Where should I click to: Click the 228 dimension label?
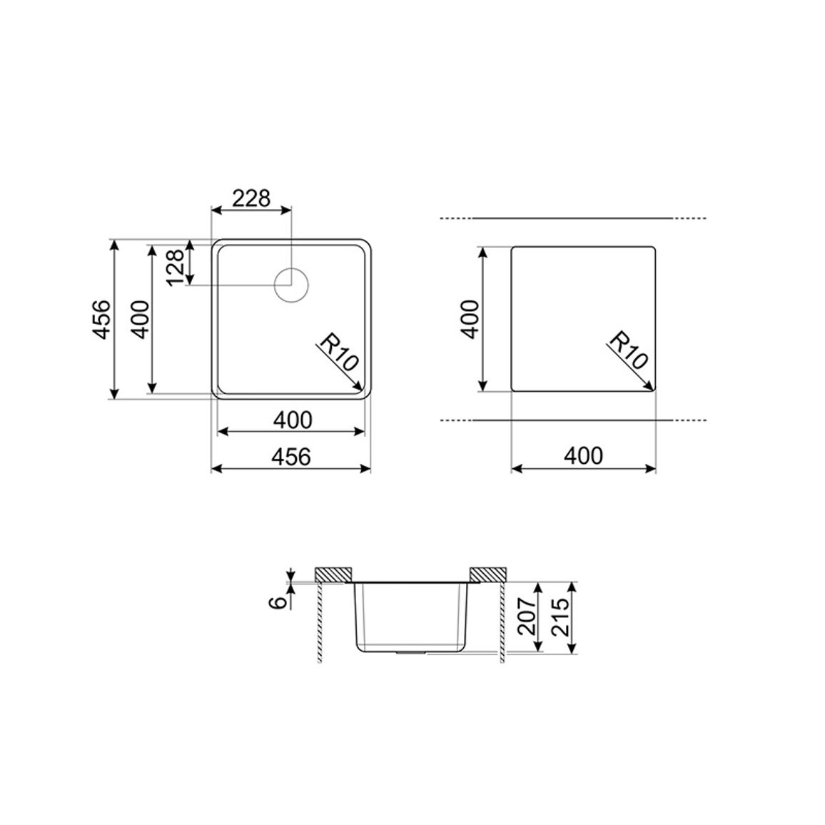coord(251,198)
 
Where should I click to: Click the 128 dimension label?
coord(176,266)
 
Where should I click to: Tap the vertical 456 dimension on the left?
coord(101,320)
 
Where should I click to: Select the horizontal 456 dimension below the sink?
coord(291,456)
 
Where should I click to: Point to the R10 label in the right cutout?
coord(628,350)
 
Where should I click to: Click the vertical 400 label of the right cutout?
coord(470,319)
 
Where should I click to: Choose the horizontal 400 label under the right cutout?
coord(583,455)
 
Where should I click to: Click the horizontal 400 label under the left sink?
coord(293,420)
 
